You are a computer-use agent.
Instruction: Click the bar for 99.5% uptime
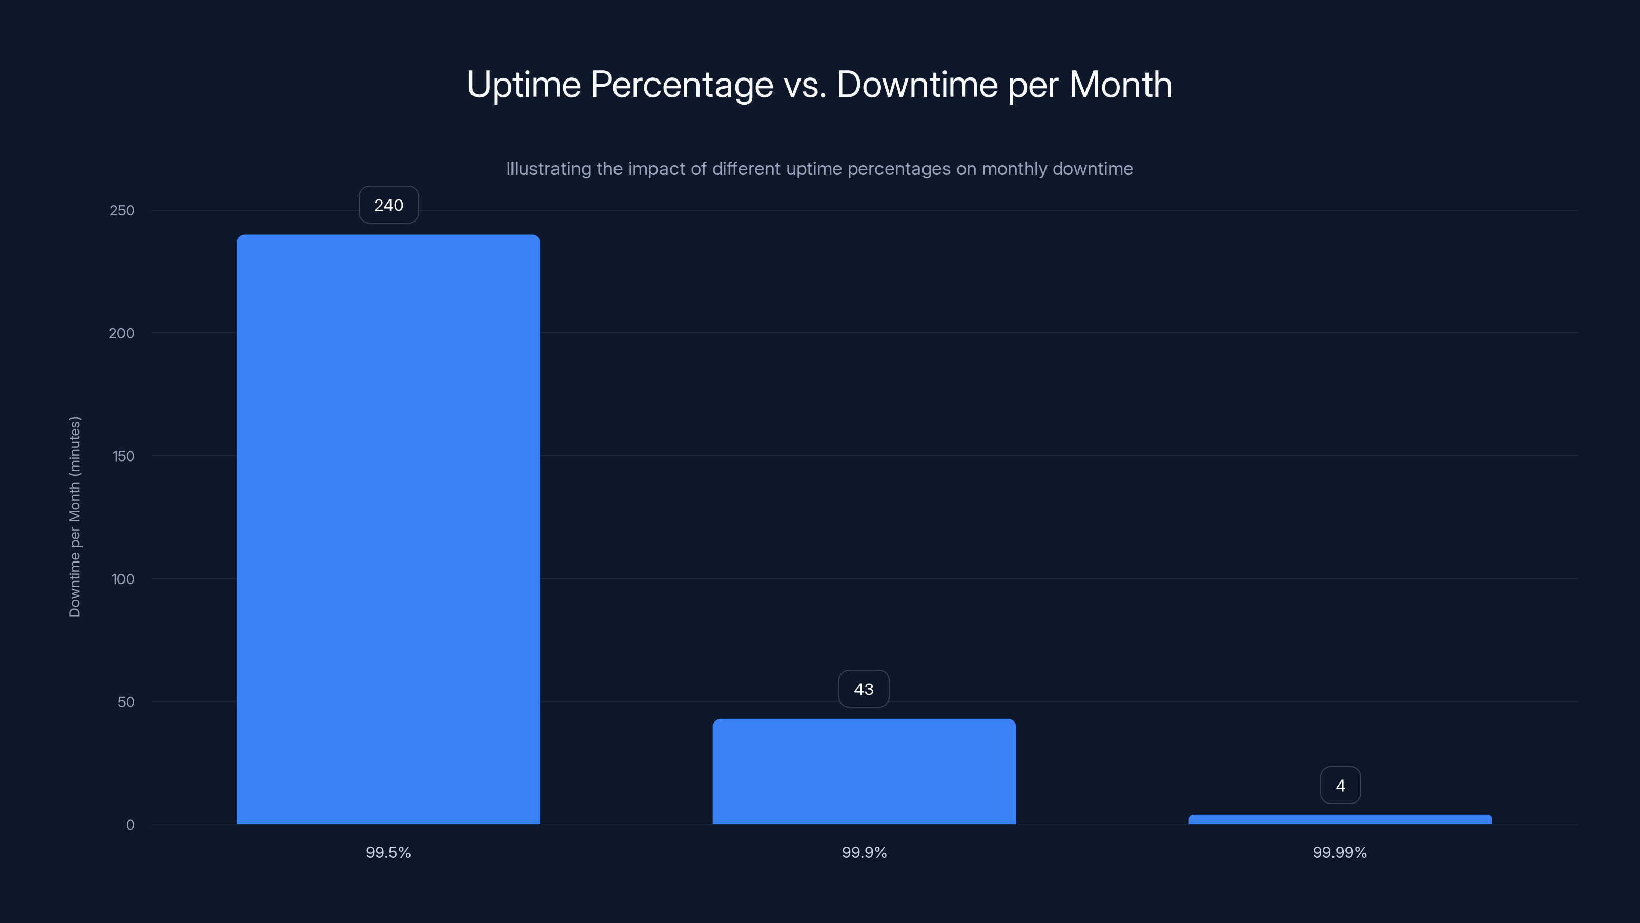388,529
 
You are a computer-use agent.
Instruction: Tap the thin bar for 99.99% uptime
1340,819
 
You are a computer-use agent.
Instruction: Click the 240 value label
388,205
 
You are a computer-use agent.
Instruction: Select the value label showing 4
1340,786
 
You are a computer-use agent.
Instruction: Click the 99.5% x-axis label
388,852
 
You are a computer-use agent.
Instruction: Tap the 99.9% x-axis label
864,852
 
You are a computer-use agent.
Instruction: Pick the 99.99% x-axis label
1340,852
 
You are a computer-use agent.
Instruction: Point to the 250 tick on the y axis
122,210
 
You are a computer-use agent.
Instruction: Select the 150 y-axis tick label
123,456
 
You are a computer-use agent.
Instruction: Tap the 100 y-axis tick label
123,579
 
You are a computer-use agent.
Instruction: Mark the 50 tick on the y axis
126,702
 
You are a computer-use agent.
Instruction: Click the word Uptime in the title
523,85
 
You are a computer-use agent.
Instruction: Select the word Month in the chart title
1120,85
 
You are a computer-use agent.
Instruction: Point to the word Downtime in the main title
917,85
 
